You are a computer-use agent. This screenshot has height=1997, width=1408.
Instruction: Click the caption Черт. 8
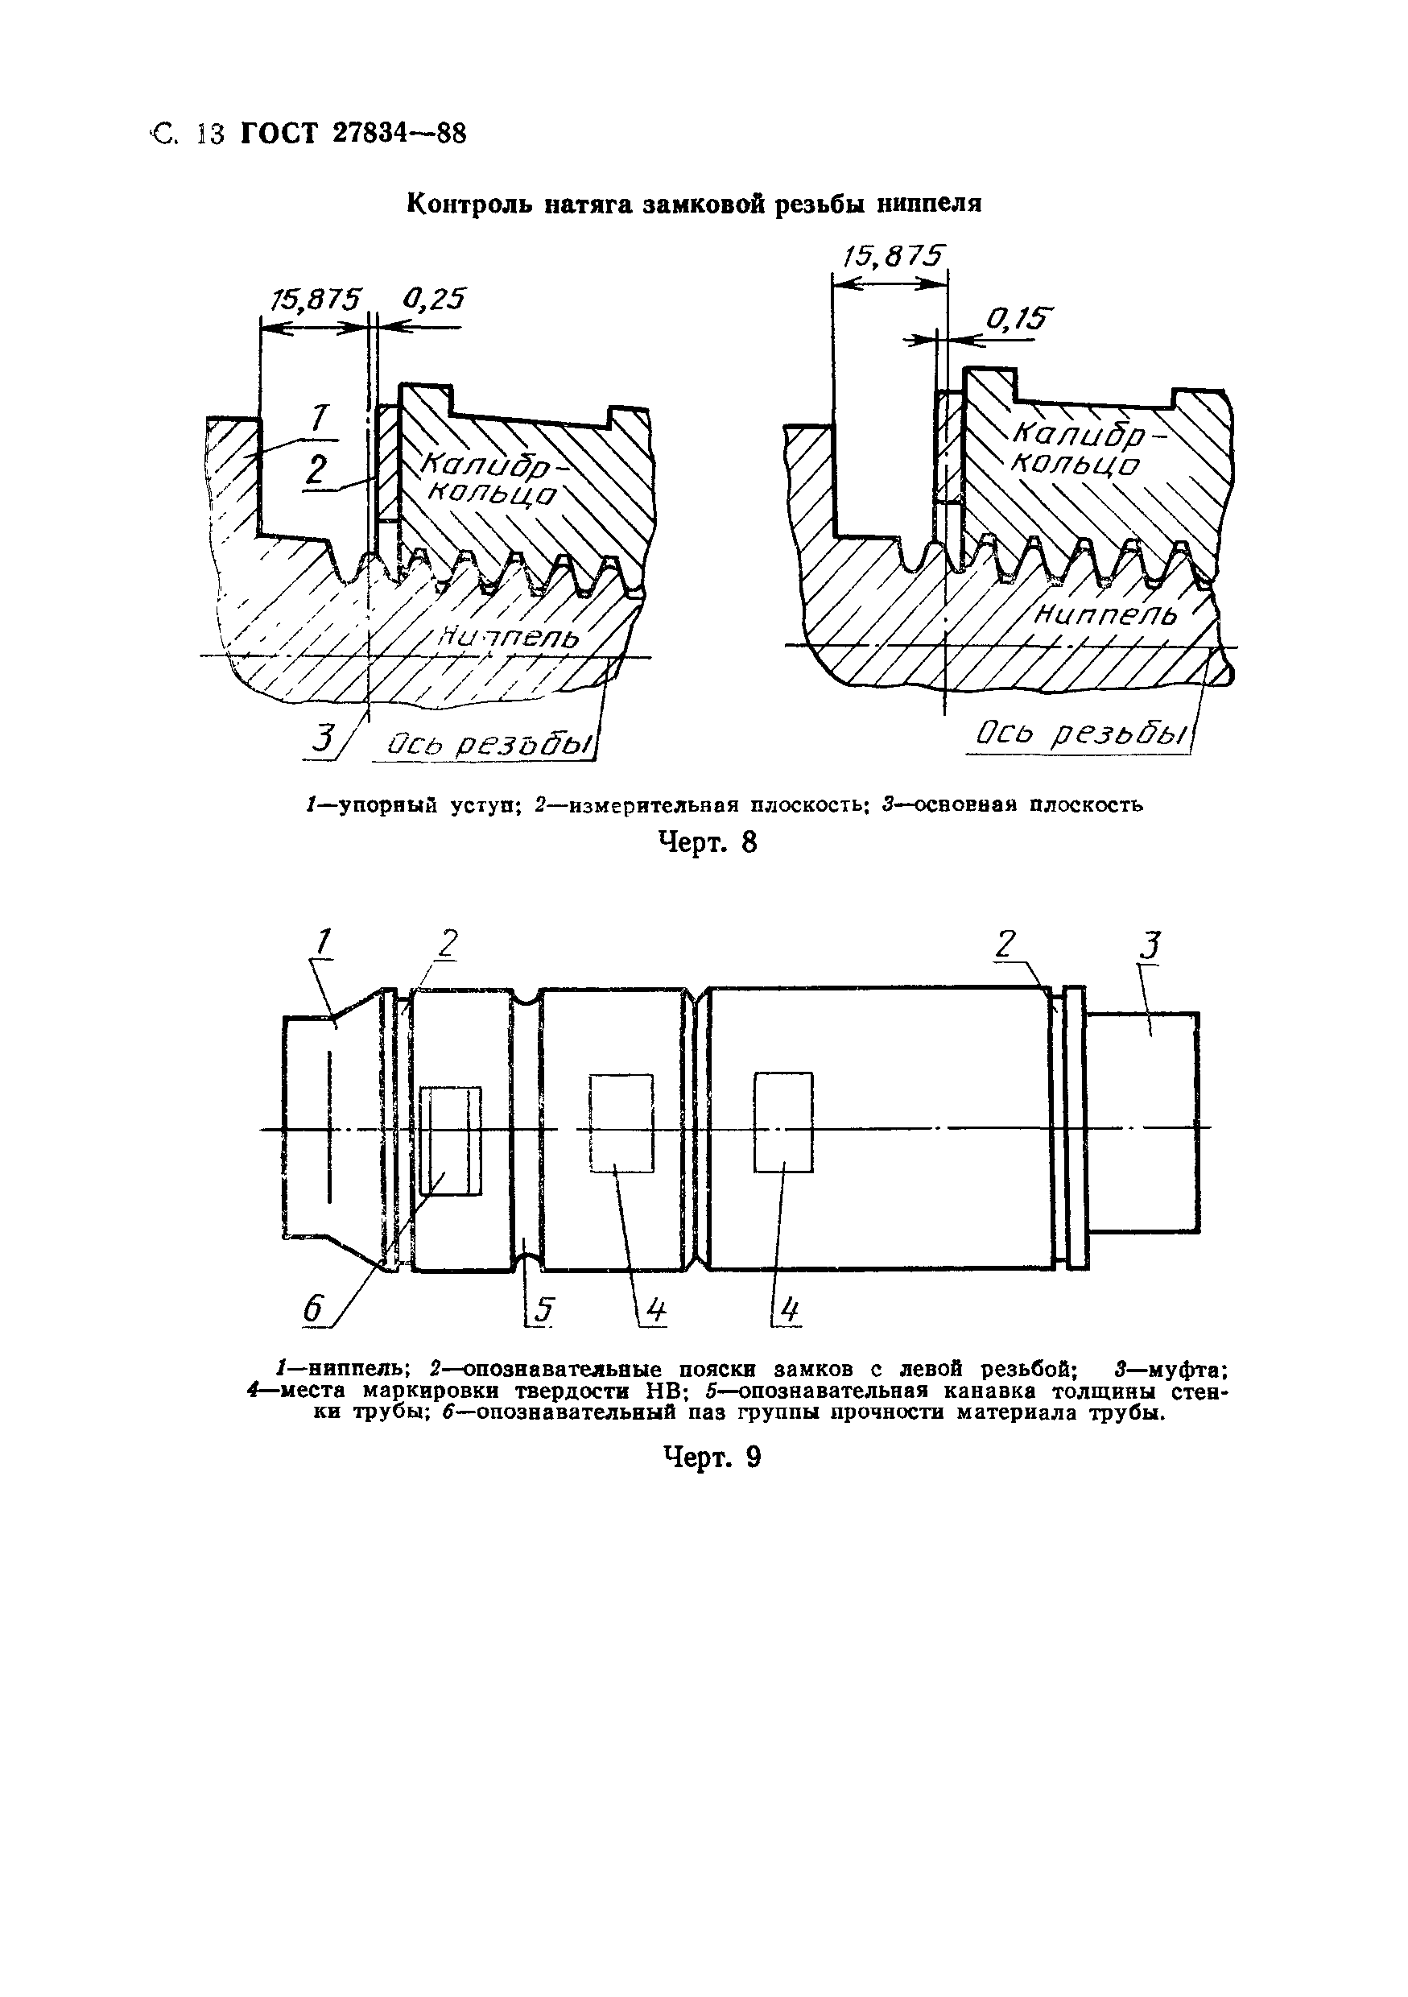708,842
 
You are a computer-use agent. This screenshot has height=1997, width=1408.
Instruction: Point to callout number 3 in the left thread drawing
323,738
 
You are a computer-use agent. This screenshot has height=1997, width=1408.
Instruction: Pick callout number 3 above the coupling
1150,945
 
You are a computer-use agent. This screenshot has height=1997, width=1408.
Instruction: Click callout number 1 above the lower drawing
324,942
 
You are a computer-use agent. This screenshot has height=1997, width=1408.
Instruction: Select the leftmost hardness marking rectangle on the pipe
451,1140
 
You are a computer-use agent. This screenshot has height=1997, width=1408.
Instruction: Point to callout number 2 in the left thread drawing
316,470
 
